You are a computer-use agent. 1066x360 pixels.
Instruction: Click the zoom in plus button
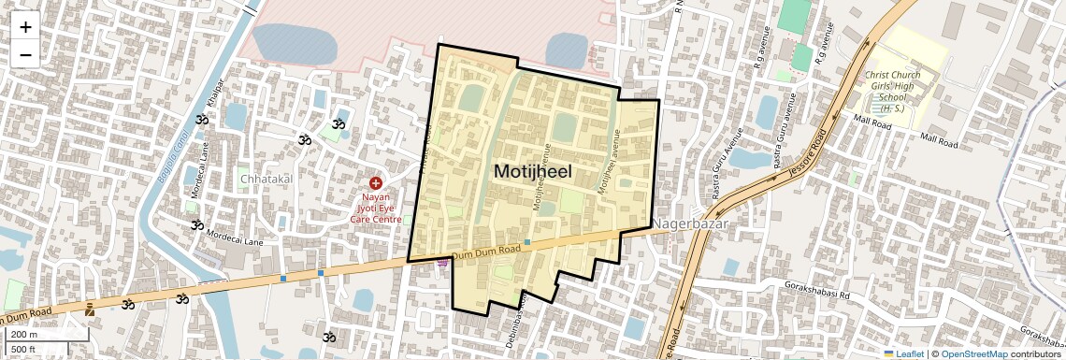25,26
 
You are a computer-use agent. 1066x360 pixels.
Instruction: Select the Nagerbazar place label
689,224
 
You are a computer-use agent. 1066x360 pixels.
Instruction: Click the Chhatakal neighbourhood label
266,179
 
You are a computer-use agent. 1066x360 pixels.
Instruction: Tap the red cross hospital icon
375,184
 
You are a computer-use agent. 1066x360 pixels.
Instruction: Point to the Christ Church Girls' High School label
892,92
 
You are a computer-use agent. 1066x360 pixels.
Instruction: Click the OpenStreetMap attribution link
973,353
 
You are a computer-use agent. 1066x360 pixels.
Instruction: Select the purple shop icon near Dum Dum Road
442,265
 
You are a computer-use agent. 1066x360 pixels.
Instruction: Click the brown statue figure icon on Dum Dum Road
89,309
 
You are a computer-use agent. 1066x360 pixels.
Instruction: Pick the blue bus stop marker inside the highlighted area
527,243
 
